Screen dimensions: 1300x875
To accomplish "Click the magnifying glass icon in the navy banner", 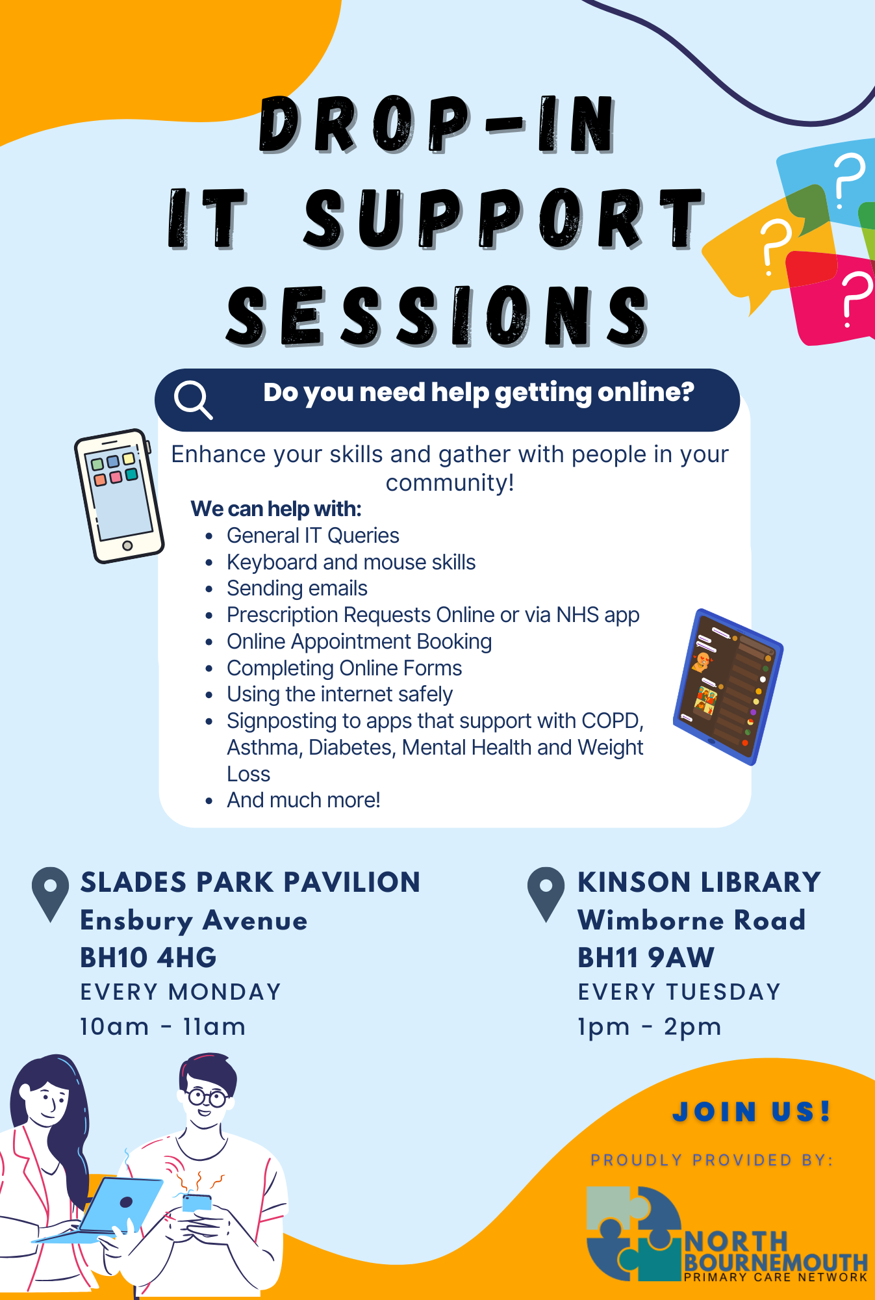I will [193, 399].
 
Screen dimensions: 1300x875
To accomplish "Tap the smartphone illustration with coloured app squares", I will [118, 495].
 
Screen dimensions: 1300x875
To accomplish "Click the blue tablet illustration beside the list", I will [728, 686].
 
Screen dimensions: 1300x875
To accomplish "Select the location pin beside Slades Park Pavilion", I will [50, 892].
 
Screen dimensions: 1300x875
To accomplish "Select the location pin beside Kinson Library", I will [546, 892].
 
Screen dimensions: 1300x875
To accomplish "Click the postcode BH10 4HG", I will [148, 957].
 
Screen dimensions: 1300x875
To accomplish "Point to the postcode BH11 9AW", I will [646, 957].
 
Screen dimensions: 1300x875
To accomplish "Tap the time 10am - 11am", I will [162, 1027].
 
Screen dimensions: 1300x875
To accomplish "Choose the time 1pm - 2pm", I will [650, 1027].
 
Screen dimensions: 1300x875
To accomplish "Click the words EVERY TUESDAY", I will [679, 992].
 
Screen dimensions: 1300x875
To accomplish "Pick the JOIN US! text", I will [751, 1111].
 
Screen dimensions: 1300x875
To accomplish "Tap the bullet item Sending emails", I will [297, 588].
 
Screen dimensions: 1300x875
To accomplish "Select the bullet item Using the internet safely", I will [339, 694].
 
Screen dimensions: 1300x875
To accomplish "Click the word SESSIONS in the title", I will [437, 317].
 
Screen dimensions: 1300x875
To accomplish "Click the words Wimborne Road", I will [691, 920].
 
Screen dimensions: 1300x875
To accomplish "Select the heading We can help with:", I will [276, 508].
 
